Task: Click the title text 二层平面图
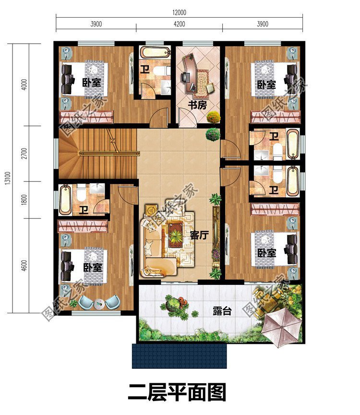[x=177, y=392]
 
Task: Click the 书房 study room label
[x=197, y=105]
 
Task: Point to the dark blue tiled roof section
[x=179, y=356]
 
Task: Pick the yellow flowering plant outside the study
[x=213, y=117]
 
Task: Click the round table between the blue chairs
[x=99, y=304]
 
